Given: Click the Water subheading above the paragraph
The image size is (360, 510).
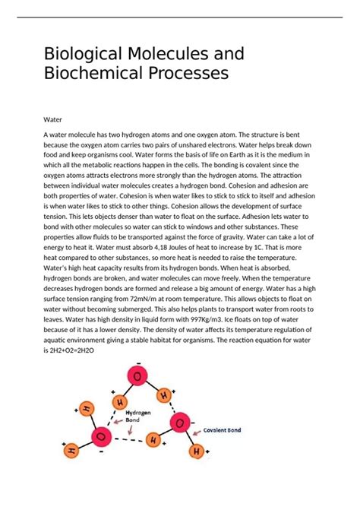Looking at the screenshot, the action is (53, 119).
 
